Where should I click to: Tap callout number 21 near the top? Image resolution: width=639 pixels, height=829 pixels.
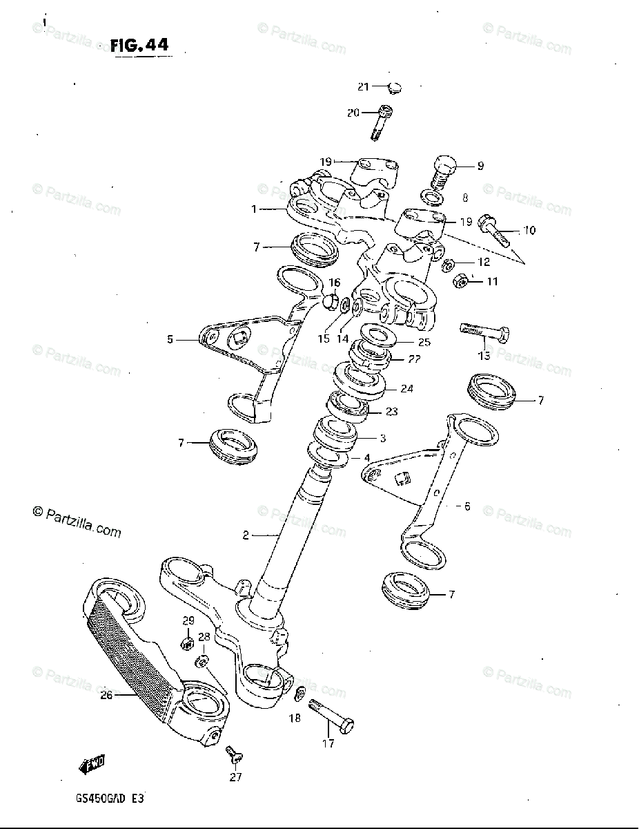click(x=364, y=86)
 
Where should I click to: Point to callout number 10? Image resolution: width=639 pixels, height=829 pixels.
click(x=529, y=230)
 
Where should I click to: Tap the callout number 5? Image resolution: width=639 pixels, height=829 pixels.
click(x=170, y=340)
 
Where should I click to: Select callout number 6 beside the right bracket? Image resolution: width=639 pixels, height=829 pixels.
click(x=466, y=506)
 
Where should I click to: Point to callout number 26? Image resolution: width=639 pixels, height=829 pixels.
click(x=106, y=695)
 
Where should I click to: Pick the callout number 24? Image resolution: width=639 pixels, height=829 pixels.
click(x=406, y=389)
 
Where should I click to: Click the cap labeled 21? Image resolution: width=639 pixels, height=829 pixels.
click(x=394, y=87)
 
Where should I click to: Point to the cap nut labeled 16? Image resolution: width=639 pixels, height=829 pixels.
click(x=330, y=301)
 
